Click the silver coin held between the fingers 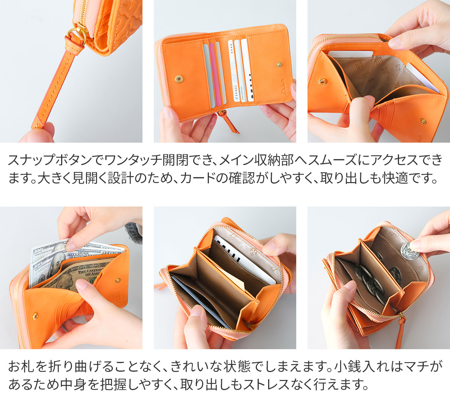click(x=409, y=250)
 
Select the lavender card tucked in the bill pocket click(x=422, y=77)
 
